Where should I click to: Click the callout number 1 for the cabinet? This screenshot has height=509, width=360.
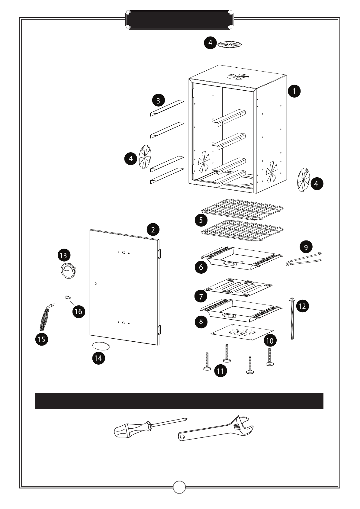click(x=294, y=91)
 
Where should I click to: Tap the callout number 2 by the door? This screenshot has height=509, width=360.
click(x=153, y=230)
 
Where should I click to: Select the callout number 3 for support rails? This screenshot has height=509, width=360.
click(x=159, y=100)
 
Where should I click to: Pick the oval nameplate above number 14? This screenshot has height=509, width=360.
click(x=101, y=346)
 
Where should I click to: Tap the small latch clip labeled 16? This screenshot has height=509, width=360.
click(x=68, y=298)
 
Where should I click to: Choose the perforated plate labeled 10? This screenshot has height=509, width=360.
click(x=242, y=332)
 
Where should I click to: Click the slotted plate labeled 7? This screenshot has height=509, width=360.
click(x=239, y=286)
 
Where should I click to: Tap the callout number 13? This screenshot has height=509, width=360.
click(x=64, y=255)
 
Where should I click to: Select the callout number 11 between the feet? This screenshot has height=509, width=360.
click(x=220, y=371)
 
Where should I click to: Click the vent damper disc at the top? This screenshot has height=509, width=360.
click(x=230, y=44)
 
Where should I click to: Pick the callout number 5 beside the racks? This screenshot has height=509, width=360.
click(x=201, y=220)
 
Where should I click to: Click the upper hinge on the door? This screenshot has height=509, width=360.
click(x=159, y=254)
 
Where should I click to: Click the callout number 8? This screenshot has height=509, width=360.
click(x=201, y=321)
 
